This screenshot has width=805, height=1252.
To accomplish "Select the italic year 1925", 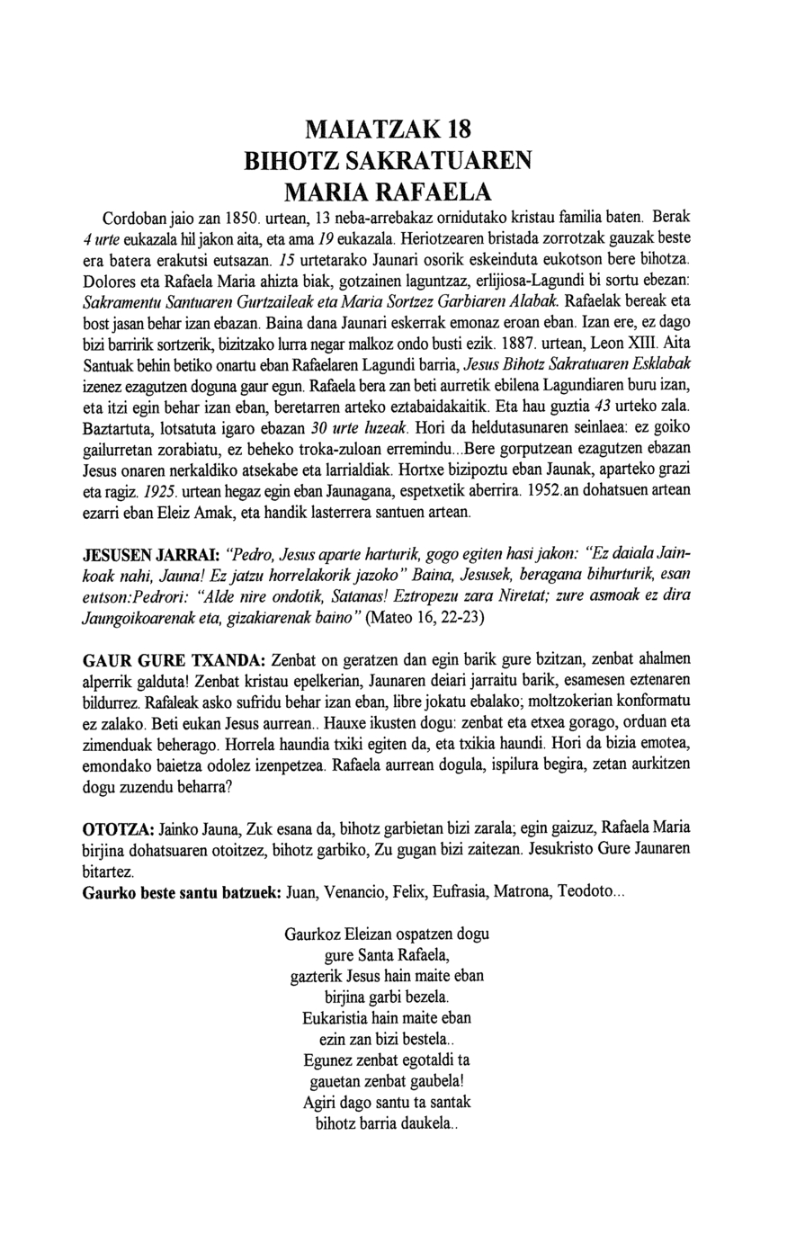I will tap(151, 495).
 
